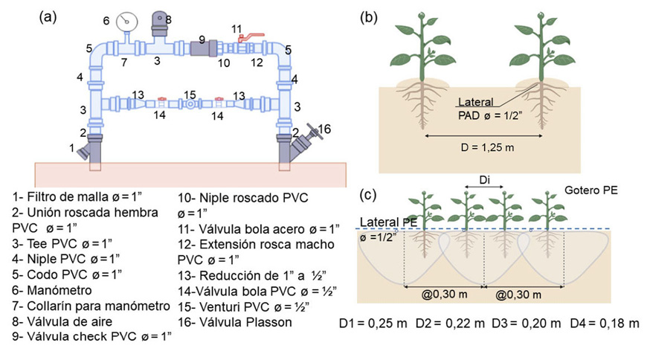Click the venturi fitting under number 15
point(190,105)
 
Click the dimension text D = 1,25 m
point(477,147)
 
